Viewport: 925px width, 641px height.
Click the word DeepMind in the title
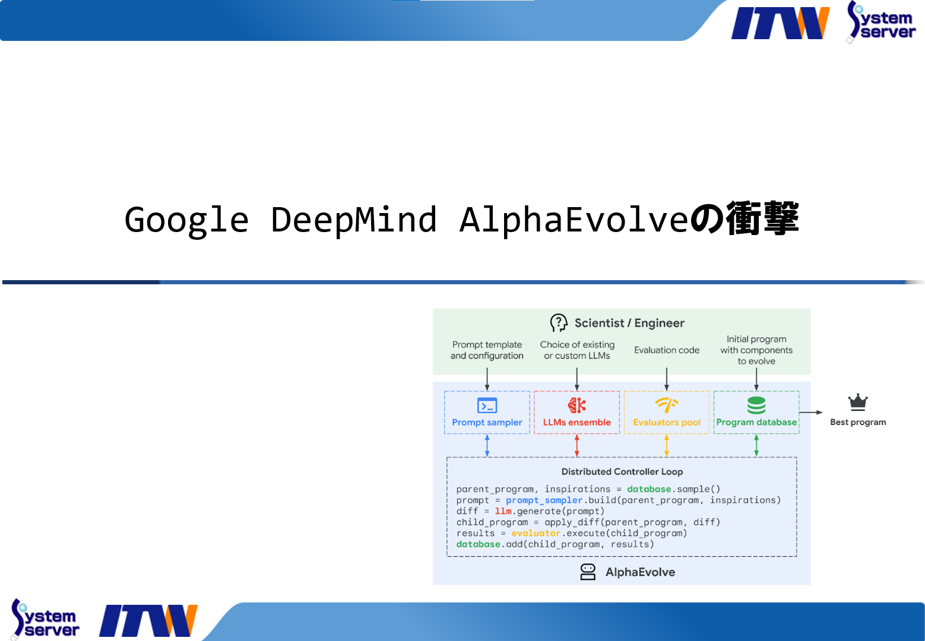tap(354, 220)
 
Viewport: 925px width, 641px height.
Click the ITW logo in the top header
tap(780, 23)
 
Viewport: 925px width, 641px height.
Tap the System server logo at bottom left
tap(45, 619)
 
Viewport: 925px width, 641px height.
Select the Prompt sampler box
tap(487, 412)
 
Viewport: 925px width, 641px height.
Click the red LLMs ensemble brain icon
tap(576, 405)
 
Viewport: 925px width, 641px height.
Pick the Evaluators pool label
tap(666, 423)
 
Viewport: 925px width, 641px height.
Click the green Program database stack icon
tap(756, 405)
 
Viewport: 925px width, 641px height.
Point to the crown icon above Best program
tap(857, 402)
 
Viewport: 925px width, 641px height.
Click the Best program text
tap(857, 422)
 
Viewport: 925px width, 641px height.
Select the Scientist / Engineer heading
tap(629, 323)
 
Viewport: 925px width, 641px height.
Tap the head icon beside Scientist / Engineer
tap(558, 323)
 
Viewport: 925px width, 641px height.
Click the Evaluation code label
tap(666, 350)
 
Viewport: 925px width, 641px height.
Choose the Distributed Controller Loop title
tap(622, 472)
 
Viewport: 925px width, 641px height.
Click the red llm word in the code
tap(503, 511)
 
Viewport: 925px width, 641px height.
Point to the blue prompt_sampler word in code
tap(544, 500)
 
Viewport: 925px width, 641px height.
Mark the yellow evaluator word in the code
tap(536, 533)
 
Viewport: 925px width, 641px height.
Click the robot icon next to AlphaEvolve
tap(588, 572)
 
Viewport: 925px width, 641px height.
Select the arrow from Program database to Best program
tap(810, 412)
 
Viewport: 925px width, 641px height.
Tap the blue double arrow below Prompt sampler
tap(487, 445)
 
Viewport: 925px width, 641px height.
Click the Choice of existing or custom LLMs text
tap(576, 350)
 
